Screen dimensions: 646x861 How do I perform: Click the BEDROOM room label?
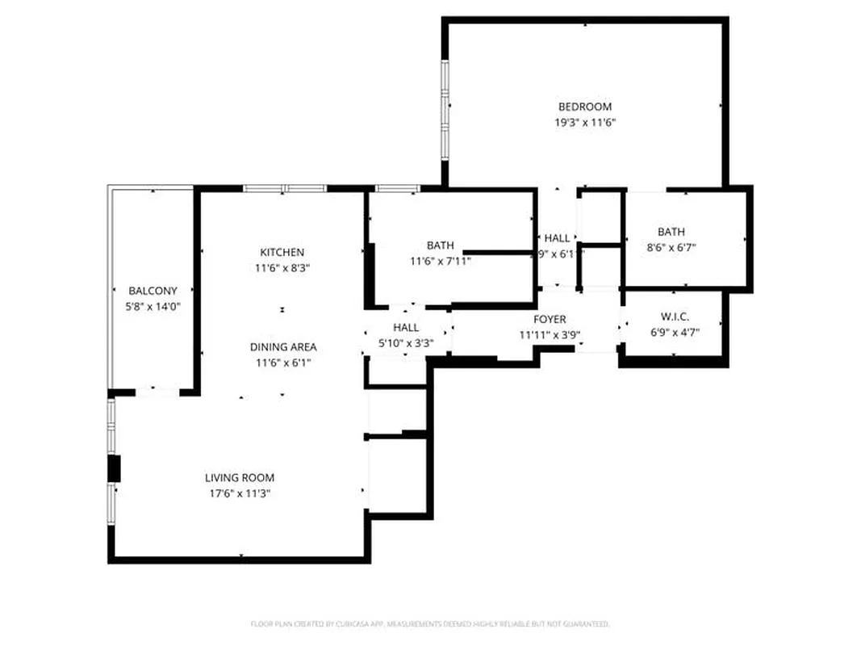(x=585, y=107)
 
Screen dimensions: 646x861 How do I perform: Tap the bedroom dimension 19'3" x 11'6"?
(x=585, y=123)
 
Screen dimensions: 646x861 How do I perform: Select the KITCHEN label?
(x=282, y=252)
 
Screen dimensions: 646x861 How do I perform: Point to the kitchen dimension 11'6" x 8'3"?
(x=282, y=268)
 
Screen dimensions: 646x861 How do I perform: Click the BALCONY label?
(x=153, y=291)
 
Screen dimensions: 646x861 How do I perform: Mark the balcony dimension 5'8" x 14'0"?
(x=153, y=307)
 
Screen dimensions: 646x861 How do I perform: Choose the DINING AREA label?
(x=282, y=347)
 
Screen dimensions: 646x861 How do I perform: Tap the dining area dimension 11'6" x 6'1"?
(x=282, y=363)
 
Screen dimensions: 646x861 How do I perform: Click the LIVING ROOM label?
(x=240, y=477)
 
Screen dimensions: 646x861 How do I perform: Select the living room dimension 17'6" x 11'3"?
(x=240, y=493)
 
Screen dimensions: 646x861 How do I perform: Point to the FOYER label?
(x=550, y=320)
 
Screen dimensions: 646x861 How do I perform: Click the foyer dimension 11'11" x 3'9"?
(x=550, y=335)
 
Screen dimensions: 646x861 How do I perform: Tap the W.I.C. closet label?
(x=674, y=317)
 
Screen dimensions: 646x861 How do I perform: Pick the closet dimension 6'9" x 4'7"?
(x=674, y=332)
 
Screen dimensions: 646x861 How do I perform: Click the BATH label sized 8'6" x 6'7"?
(x=671, y=233)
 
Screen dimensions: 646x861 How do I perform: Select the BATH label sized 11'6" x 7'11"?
(x=441, y=245)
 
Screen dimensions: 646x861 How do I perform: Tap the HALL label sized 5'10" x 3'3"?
(x=406, y=327)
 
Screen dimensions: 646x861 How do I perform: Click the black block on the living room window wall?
(x=115, y=468)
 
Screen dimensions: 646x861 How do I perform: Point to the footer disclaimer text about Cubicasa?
(x=429, y=624)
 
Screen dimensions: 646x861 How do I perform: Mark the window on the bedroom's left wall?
(x=444, y=109)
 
